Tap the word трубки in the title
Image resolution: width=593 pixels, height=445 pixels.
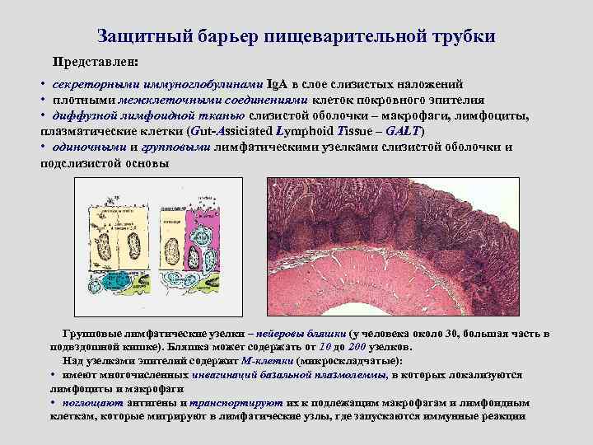pos(458,37)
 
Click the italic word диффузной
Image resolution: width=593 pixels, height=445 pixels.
pos(80,116)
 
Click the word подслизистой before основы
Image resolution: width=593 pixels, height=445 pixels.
pos(84,162)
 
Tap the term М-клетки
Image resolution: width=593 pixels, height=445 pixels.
pos(268,360)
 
